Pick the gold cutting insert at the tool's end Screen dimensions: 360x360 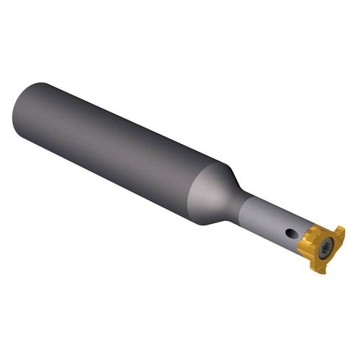323,248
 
